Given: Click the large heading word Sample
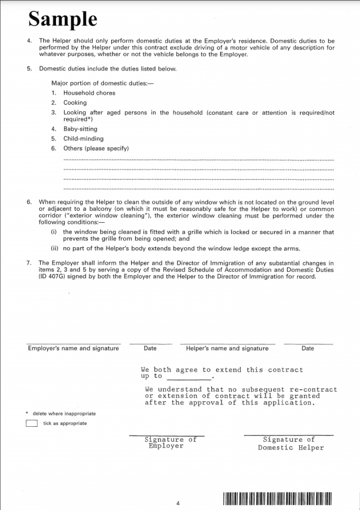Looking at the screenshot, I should point(63,19).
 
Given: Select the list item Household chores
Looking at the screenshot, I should point(89,93).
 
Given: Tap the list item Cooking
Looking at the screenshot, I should point(75,103).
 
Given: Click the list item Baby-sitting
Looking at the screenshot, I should point(80,129).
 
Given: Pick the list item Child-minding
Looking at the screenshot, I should point(83,139).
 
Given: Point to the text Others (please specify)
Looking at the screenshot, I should point(96,149).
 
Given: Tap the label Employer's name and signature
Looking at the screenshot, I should point(73,349).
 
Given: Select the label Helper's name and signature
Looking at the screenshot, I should point(227,349).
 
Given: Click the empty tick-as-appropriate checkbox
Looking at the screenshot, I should point(31,424).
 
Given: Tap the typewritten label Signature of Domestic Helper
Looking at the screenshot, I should point(291,444).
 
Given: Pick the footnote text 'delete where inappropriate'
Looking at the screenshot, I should point(64,413).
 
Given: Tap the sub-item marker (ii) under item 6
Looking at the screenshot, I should point(54,249).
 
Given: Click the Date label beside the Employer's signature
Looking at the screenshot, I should point(150,349).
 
